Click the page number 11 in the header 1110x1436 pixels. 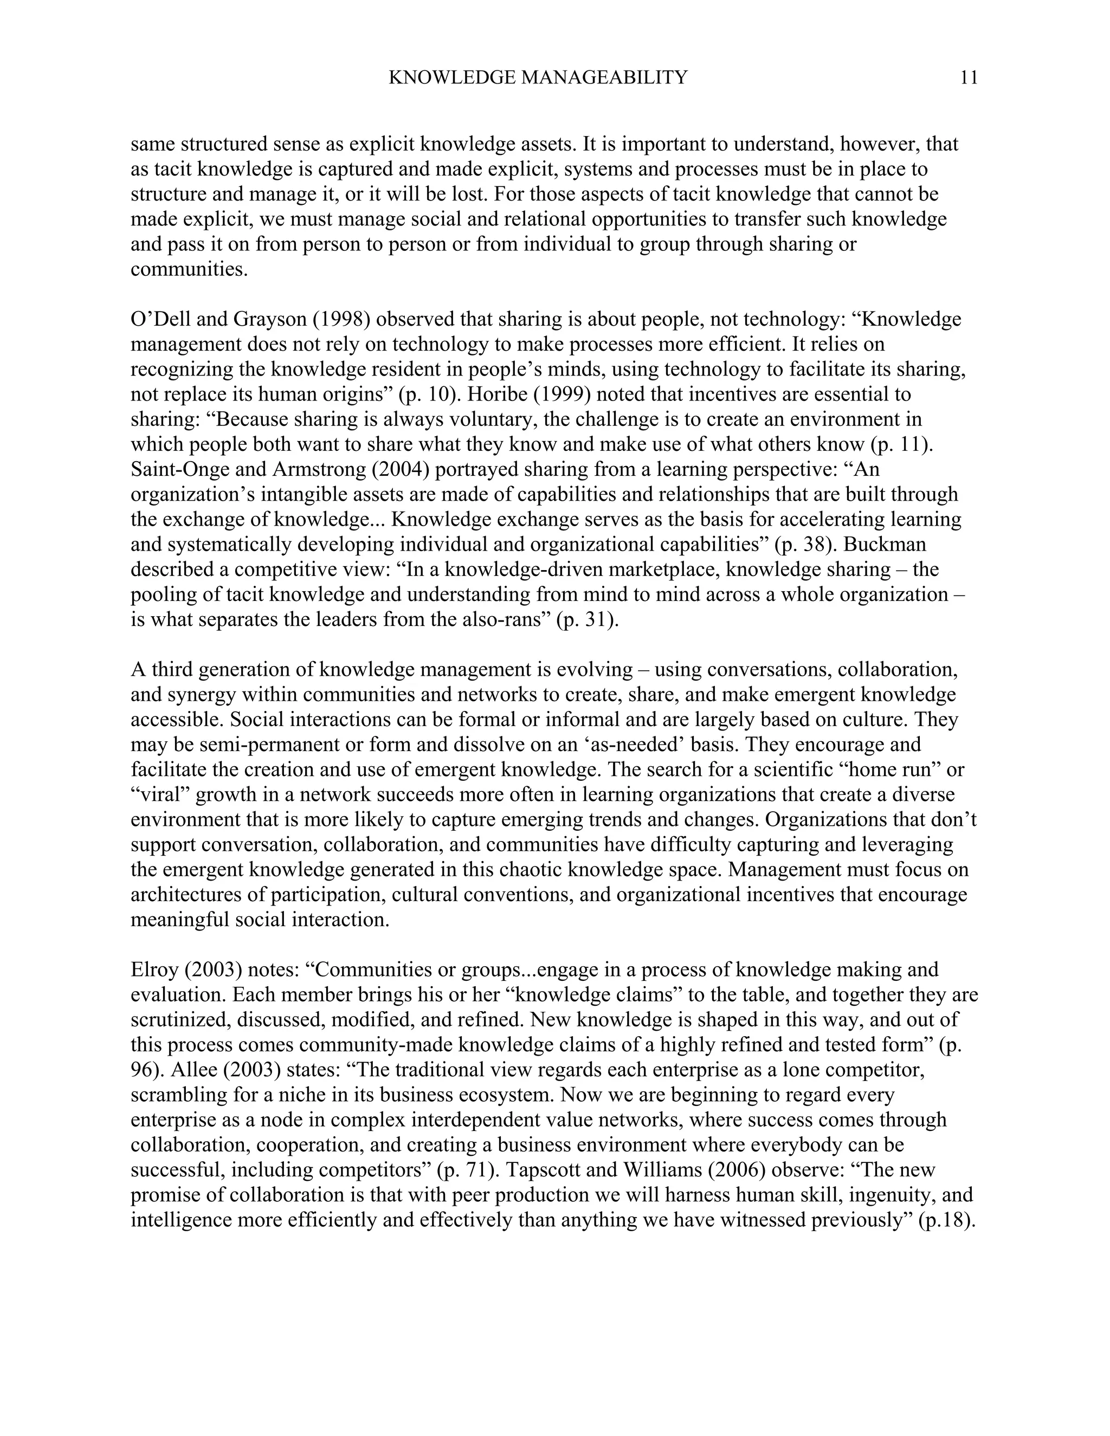click(969, 78)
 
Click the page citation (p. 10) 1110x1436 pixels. click(428, 394)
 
